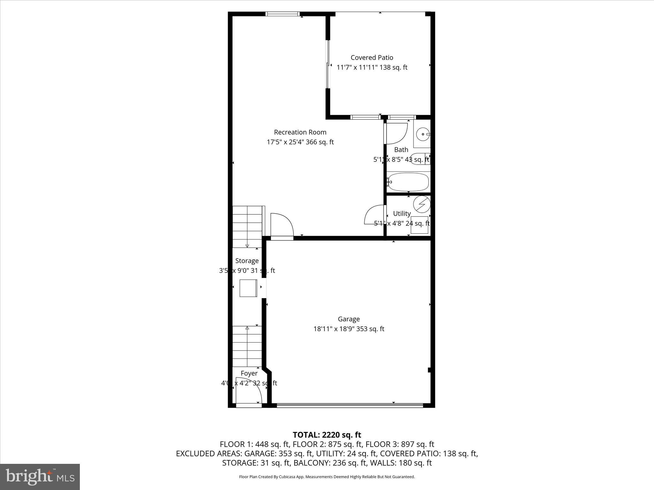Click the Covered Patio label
point(372,57)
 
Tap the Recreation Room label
point(300,132)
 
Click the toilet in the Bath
point(419,159)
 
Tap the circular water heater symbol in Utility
point(422,204)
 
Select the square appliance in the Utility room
point(419,225)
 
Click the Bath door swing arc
point(398,133)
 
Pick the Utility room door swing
point(374,215)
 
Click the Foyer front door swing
point(249,391)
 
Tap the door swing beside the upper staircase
point(282,225)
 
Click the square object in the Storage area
point(248,288)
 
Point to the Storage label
point(247,261)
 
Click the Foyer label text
point(249,373)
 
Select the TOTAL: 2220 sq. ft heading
point(327,435)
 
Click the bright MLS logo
point(40,477)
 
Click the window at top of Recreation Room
point(282,14)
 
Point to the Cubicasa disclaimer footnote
point(327,477)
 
